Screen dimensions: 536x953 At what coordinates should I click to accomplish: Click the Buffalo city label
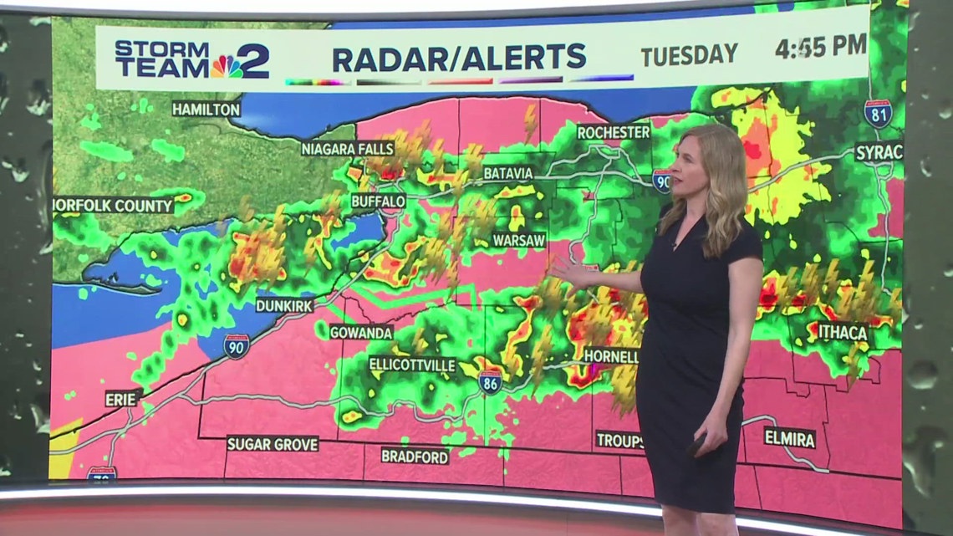click(378, 202)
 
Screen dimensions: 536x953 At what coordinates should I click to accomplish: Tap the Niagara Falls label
click(347, 149)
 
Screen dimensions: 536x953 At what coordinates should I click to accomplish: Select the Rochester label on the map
click(613, 132)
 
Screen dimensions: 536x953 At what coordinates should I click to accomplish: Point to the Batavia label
click(507, 173)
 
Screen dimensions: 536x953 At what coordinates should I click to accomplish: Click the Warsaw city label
click(518, 240)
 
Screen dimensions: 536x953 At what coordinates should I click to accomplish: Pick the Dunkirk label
click(284, 305)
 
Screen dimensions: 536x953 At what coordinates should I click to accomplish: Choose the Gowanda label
click(360, 332)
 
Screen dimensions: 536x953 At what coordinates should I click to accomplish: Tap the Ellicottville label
click(412, 365)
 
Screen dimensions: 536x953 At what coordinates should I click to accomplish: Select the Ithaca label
click(842, 332)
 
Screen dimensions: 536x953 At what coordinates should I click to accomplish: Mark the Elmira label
click(789, 436)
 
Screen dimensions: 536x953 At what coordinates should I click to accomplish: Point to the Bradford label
click(415, 456)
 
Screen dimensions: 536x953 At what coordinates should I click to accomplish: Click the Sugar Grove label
click(273, 443)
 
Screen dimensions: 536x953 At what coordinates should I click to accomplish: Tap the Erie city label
click(123, 399)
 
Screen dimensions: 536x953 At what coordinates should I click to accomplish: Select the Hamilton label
click(206, 109)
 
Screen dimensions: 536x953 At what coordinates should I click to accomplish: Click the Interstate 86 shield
click(491, 382)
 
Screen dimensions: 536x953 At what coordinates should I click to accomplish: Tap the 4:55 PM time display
click(820, 47)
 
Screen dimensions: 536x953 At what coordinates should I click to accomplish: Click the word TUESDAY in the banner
click(689, 55)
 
